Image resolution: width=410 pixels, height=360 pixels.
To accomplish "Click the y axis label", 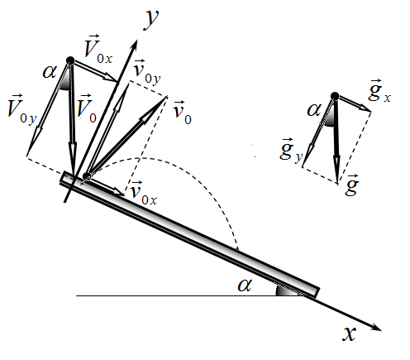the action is click(x=151, y=19).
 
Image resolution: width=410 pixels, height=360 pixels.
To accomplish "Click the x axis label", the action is click(x=350, y=334).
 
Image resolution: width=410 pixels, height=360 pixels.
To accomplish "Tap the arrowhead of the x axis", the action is click(x=377, y=328).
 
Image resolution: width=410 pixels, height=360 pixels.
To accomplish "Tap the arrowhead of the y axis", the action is click(x=134, y=45).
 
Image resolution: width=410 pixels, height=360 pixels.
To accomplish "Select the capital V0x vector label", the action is click(x=98, y=50).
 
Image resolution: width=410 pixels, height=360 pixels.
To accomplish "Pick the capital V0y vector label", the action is click(x=22, y=109).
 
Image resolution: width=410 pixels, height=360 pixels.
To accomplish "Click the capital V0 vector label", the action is click(x=87, y=108).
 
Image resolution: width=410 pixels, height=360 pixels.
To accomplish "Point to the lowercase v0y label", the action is click(x=146, y=72).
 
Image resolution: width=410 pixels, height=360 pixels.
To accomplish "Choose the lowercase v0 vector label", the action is click(x=182, y=113).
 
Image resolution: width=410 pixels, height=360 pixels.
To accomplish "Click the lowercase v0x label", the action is click(x=144, y=193).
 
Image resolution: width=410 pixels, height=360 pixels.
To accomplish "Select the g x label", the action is click(x=379, y=90).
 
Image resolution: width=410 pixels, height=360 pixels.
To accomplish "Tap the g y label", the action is click(x=291, y=151).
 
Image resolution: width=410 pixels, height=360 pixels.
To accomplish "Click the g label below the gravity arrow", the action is click(x=352, y=185).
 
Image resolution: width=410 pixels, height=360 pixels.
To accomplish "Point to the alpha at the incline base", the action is click(x=245, y=285).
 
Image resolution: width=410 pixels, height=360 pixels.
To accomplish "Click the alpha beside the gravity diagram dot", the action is click(x=314, y=110).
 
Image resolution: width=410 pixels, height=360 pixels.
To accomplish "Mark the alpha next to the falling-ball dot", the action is click(x=50, y=72).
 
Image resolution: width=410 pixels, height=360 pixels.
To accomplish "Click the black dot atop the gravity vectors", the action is click(x=335, y=96).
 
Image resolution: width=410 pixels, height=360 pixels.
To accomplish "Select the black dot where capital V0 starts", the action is click(x=70, y=60).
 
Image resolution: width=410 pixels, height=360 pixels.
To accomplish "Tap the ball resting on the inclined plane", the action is click(x=87, y=176).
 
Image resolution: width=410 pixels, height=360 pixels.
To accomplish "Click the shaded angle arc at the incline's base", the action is click(x=287, y=290).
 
